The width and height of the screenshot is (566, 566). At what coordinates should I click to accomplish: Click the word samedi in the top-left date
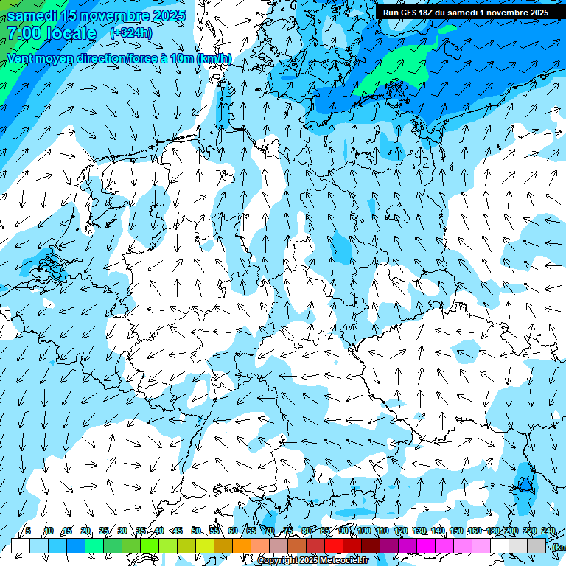pyautogui.click(x=33, y=15)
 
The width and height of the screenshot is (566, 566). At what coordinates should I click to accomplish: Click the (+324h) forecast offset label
pyautogui.click(x=131, y=33)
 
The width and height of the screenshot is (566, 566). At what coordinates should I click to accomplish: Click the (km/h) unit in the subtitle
pyautogui.click(x=214, y=58)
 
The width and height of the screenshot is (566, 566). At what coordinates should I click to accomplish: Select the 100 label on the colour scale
pyautogui.click(x=364, y=531)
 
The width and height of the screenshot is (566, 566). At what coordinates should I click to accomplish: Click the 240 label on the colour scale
pyautogui.click(x=548, y=531)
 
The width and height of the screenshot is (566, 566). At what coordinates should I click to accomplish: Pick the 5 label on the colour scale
pyautogui.click(x=28, y=531)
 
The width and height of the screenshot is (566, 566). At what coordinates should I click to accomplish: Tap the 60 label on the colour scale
pyautogui.click(x=233, y=531)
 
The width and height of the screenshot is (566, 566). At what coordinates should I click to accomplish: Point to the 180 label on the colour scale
pyautogui.click(x=493, y=531)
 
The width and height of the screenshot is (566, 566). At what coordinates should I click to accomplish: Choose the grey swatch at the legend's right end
pyautogui.click(x=537, y=545)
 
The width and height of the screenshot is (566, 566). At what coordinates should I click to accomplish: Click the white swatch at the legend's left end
pyautogui.click(x=21, y=545)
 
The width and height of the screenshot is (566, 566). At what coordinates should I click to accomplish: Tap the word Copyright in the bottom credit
pyautogui.click(x=277, y=561)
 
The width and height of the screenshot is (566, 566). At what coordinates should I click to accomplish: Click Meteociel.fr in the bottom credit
pyautogui.click(x=344, y=561)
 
